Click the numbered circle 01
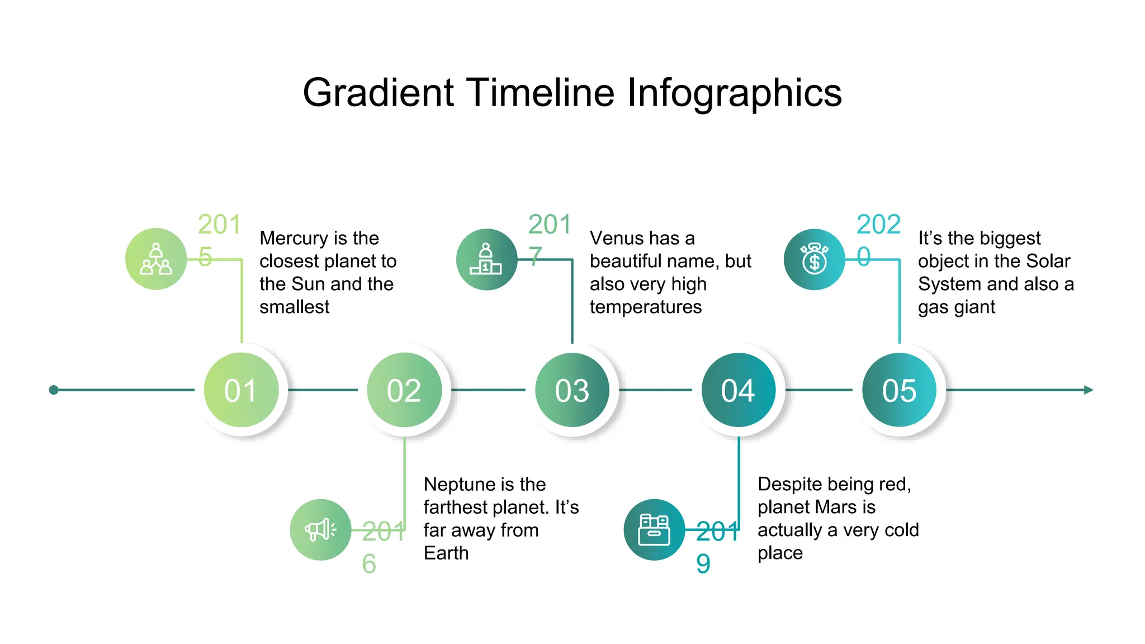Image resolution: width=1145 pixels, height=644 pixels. (x=241, y=390)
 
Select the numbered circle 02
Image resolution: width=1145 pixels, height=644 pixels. (x=404, y=390)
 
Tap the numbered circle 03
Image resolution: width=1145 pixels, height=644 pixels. (x=572, y=390)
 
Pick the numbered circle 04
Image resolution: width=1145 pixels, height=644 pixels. (x=739, y=390)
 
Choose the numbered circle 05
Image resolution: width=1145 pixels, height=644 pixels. (x=899, y=390)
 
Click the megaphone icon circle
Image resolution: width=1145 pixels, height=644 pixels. (x=320, y=529)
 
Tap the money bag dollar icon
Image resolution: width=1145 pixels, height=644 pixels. (x=814, y=259)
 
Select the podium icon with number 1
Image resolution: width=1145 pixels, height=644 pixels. (x=486, y=259)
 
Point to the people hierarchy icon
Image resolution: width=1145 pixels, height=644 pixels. (x=156, y=259)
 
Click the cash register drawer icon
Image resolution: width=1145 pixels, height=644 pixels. (x=654, y=529)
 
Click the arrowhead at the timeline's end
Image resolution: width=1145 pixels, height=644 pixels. (x=1088, y=390)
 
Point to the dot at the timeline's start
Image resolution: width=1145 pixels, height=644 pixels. (x=54, y=390)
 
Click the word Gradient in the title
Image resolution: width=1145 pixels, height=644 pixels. (x=378, y=93)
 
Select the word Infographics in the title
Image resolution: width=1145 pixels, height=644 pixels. (x=734, y=93)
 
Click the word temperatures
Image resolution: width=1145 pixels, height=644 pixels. (x=646, y=307)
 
